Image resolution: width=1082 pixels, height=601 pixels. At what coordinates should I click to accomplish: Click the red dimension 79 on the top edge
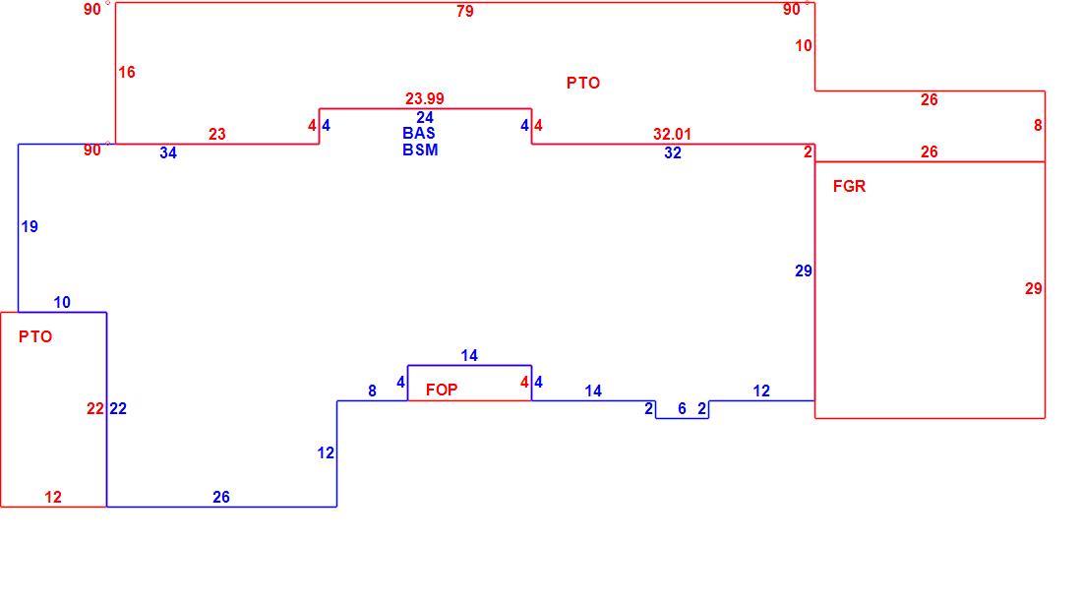pos(465,11)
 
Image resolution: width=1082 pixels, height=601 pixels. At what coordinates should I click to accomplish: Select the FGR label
pos(849,186)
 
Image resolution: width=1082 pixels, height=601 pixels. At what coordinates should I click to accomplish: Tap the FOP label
pos(442,390)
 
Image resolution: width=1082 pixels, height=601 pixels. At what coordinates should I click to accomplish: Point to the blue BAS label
pos(419,133)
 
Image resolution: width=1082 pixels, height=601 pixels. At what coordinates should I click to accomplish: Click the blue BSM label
pos(420,150)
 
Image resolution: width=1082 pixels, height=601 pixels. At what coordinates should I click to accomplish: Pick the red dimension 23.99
pos(425,98)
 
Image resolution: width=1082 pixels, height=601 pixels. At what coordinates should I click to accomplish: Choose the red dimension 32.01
pos(672,134)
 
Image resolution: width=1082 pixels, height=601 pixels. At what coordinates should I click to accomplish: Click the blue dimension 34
pos(168,153)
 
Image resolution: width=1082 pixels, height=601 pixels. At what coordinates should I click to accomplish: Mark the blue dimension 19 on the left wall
pos(30,226)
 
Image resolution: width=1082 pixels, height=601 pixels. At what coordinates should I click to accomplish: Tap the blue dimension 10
pos(62,302)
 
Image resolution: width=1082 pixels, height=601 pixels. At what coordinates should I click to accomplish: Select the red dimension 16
pos(127,73)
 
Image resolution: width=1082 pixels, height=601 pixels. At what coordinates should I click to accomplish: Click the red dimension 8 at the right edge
pos(1038,126)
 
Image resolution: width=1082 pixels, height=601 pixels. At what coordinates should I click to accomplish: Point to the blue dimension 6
pos(682,408)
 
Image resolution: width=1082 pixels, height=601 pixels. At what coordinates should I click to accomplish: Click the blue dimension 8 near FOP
pos(372,391)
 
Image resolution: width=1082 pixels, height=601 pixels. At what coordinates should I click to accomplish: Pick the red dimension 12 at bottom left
pos(53,497)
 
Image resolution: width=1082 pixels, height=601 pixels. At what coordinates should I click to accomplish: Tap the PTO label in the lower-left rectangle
pos(35,336)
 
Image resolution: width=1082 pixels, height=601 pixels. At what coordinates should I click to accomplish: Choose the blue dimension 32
pos(673,153)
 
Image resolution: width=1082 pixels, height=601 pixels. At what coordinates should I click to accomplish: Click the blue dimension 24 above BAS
pos(425,117)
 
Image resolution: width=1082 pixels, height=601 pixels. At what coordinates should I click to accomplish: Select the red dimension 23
pos(217,135)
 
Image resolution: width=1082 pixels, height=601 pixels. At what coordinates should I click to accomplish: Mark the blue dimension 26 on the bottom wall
pos(220,497)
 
